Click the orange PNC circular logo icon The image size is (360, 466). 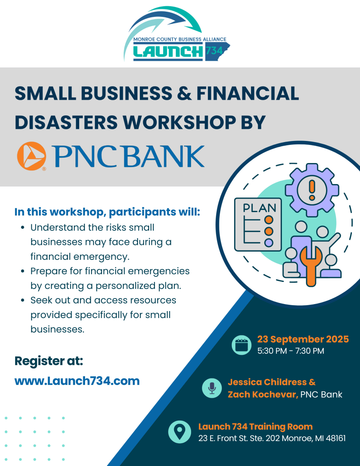[x=31, y=156]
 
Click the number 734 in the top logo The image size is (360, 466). [x=214, y=51]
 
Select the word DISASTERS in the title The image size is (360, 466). [x=66, y=122]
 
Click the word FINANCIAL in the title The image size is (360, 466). [x=248, y=93]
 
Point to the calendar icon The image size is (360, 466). [x=242, y=345]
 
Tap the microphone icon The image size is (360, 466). [x=212, y=388]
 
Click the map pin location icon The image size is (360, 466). [x=179, y=432]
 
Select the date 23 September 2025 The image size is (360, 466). [x=303, y=339]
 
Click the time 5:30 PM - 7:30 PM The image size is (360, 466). [x=291, y=351]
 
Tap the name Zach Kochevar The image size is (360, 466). [x=263, y=395]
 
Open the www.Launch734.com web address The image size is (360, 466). [x=77, y=381]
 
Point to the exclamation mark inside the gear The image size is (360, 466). [x=312, y=190]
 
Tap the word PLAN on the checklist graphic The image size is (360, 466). [x=259, y=208]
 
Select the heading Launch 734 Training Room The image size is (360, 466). [x=256, y=426]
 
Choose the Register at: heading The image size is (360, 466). [x=49, y=361]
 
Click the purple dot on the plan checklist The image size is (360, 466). [x=269, y=243]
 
